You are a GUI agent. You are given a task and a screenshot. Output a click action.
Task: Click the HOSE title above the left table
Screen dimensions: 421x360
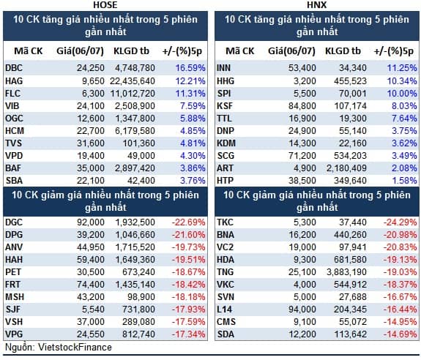(105, 4)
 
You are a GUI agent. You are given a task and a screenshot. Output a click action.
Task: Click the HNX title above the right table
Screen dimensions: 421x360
(317, 4)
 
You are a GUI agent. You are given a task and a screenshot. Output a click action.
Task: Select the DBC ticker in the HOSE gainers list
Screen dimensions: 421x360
(14, 68)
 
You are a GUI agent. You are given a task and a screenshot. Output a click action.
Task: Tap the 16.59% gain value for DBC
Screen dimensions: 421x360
(190, 68)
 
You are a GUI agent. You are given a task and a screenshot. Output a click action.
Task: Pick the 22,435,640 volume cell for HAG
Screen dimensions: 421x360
(133, 80)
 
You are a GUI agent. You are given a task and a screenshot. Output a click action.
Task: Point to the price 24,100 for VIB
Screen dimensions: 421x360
(91, 105)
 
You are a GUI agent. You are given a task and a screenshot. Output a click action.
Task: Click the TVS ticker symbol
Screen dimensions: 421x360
(13, 143)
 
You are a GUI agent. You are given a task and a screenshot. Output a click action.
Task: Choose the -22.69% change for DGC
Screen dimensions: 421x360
(188, 222)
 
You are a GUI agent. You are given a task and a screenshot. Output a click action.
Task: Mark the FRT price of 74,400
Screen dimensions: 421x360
(91, 285)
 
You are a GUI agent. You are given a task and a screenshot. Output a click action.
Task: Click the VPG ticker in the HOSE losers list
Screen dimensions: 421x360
(14, 334)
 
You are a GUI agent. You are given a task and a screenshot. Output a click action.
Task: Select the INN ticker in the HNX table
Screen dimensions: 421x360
(223, 68)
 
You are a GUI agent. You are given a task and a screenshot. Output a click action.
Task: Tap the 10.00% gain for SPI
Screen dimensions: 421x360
(402, 94)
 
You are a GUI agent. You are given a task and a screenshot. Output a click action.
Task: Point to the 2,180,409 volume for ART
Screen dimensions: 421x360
(346, 168)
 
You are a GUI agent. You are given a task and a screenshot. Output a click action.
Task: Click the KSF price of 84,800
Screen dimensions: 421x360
(302, 105)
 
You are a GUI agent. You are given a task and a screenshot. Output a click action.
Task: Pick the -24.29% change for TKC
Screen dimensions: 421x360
(400, 222)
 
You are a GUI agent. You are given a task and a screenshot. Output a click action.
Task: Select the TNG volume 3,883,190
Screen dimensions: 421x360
(346, 272)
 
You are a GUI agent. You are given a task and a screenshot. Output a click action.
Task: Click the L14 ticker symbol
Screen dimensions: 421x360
(225, 309)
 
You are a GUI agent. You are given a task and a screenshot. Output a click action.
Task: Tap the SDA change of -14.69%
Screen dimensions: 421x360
(400, 334)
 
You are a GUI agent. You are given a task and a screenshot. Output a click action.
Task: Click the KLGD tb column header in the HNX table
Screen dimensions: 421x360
(343, 51)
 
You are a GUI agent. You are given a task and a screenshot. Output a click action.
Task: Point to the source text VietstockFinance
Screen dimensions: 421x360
(75, 347)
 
